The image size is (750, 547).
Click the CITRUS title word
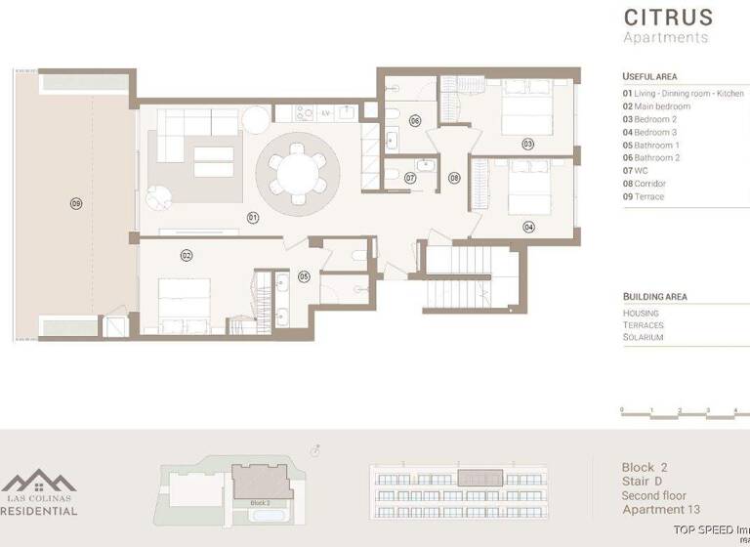point(668,17)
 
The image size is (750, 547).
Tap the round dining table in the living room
point(298,174)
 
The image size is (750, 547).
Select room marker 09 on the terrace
point(76,203)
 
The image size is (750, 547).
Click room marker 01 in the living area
point(252,217)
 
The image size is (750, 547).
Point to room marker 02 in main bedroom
point(186,255)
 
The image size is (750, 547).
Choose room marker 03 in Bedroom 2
point(527,144)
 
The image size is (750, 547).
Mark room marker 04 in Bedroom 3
point(528,227)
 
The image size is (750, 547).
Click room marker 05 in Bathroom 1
point(304,276)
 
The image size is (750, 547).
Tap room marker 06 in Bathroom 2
point(415,121)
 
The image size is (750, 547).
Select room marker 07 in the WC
point(411,179)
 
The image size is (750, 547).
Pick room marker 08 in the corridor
point(454,178)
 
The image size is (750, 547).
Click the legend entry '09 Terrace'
point(644,196)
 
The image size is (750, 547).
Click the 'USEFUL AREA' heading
point(649,76)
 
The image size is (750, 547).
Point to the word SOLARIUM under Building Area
point(643,337)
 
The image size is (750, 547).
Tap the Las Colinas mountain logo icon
point(39,482)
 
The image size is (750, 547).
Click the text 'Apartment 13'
point(661,509)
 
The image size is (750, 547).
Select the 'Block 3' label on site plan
point(259,502)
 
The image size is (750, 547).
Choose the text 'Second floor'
point(654,495)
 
